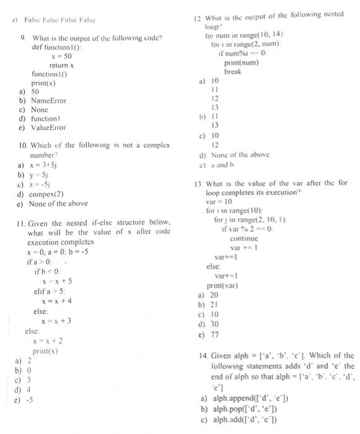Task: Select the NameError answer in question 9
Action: pyautogui.click(x=48, y=100)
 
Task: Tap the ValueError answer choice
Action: pyautogui.click(x=48, y=127)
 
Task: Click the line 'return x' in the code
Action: pyautogui.click(x=61, y=64)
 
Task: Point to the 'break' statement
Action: pyautogui.click(x=232, y=72)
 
